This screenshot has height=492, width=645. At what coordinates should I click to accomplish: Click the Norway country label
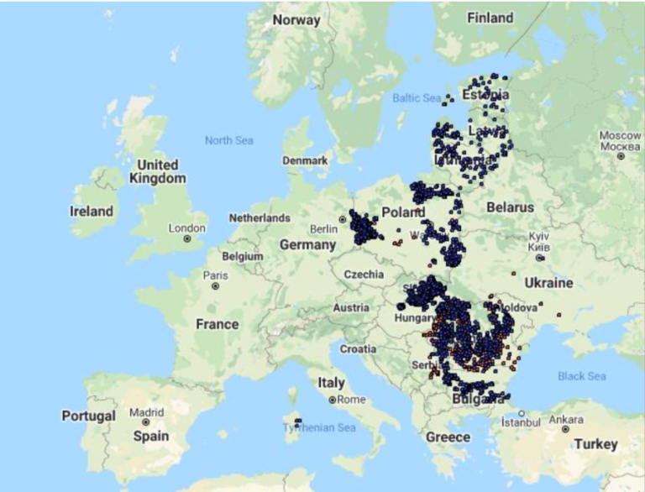[x=296, y=20]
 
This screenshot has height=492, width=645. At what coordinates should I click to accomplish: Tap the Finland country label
[x=490, y=18]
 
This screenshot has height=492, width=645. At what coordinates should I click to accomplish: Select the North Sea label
[x=228, y=140]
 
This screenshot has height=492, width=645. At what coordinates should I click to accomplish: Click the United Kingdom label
[x=157, y=171]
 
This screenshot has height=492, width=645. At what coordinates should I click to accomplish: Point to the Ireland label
[x=91, y=212]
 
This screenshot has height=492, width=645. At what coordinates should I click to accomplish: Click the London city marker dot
[x=186, y=239]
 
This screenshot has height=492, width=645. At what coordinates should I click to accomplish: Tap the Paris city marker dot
[x=216, y=286]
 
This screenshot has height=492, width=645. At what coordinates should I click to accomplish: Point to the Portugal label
[x=88, y=416]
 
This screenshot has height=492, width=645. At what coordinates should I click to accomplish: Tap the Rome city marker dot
[x=333, y=400]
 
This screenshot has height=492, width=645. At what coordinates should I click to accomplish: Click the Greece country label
[x=448, y=437]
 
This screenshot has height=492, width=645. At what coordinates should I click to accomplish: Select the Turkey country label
[x=596, y=443]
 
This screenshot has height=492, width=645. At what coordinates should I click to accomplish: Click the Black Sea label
[x=582, y=376]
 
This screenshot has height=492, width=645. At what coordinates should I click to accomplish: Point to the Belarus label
[x=510, y=207]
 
